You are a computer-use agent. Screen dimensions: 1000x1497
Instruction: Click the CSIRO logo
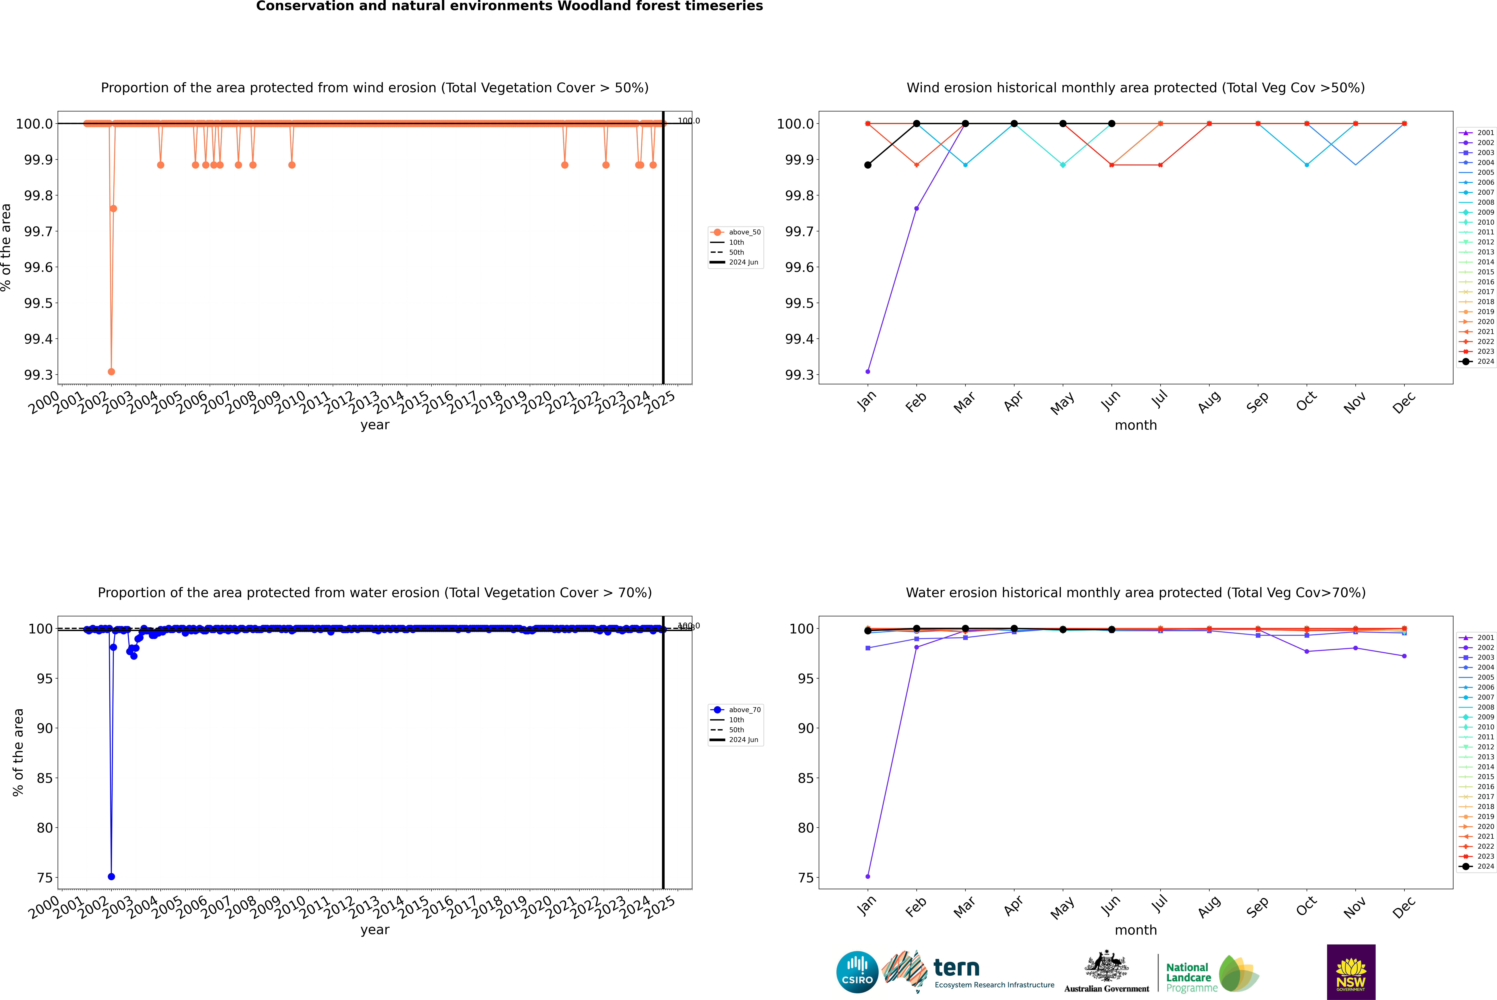[x=857, y=972]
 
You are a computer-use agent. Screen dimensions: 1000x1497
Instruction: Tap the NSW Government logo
[x=1351, y=972]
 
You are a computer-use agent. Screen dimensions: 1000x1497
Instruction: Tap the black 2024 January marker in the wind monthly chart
[x=868, y=165]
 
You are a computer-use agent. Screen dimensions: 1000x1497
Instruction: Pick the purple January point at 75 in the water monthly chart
[x=868, y=876]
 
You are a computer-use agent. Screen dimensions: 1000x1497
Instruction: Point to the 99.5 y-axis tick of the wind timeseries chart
[x=38, y=303]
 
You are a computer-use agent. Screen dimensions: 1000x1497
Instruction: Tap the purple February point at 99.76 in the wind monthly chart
[x=917, y=209]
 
